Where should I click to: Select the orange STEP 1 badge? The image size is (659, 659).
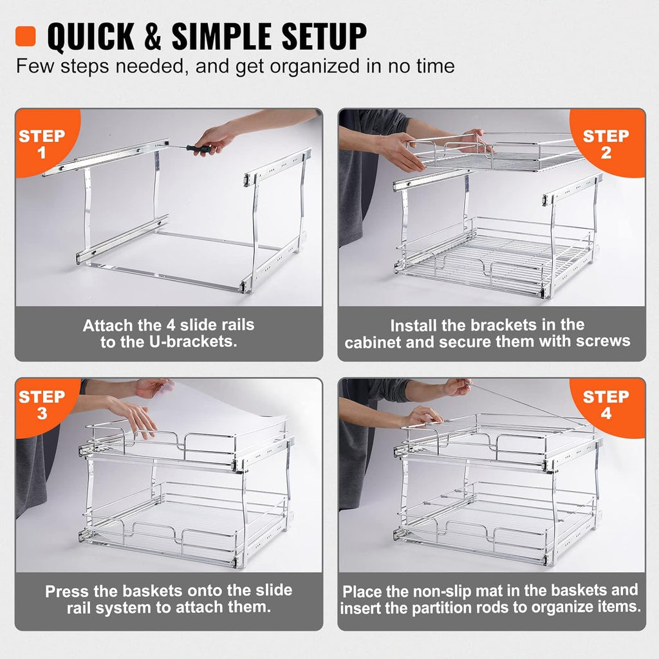pos(42,144)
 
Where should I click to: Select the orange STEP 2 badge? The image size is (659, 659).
pos(606,144)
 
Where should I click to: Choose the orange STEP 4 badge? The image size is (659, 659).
pos(606,404)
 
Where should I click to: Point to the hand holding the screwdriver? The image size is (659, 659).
pos(216,137)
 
